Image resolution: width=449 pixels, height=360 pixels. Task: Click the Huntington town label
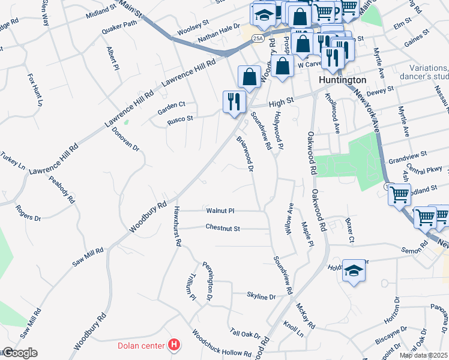coord(343,80)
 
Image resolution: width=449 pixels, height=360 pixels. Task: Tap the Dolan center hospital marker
coord(174,345)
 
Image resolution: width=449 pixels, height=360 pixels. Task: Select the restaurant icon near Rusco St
coord(232,101)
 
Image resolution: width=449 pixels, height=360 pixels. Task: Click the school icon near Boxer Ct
coord(354,271)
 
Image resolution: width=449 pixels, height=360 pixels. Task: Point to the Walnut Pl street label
coord(220,211)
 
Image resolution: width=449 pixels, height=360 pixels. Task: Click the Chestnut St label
coord(222,229)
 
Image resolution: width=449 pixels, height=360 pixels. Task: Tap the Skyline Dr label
coord(261,296)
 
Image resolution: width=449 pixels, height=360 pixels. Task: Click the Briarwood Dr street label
coord(246,151)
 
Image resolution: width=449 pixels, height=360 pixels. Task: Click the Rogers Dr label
coord(28,213)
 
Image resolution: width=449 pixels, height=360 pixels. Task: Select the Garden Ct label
coord(171,104)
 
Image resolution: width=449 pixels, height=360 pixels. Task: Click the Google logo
coord(19,353)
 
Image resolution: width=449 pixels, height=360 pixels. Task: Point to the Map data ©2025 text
coord(423,355)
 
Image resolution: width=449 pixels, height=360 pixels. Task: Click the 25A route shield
coord(258,39)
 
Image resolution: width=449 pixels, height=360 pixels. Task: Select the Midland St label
coord(100,12)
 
